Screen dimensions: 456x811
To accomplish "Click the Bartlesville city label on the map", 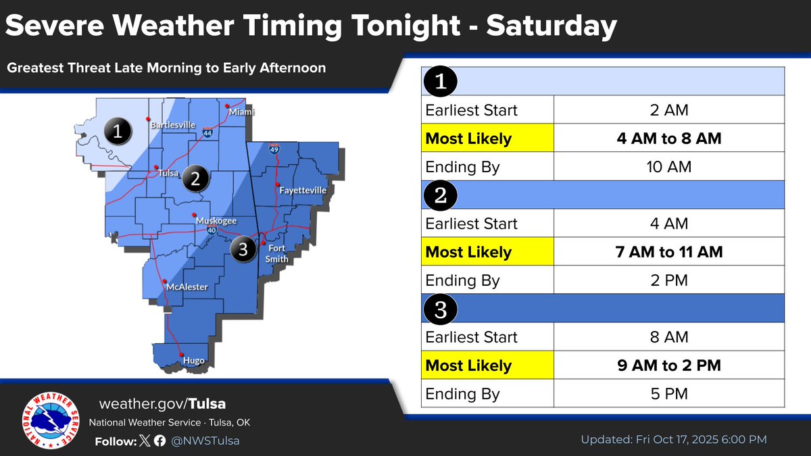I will coord(172,125).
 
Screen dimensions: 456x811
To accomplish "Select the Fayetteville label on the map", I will coord(303,191).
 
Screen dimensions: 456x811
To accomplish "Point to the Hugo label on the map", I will coord(193,361).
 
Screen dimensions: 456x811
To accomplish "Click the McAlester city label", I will coord(187,287).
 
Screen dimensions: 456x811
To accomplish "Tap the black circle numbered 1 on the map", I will coord(118,131).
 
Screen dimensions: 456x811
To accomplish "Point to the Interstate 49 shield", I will coord(274,149).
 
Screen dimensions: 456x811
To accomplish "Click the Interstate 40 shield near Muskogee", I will coord(212,231).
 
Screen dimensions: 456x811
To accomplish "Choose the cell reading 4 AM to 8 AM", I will coord(668,138).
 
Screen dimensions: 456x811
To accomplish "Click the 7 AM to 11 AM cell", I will coord(668,252).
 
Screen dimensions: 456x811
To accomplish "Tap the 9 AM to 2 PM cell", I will coord(668,365).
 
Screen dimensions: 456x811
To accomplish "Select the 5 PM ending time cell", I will coord(668,394).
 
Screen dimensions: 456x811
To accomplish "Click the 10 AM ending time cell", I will coord(668,167).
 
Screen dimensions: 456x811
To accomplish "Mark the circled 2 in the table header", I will coord(441,195).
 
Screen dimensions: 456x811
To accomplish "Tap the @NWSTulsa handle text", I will coord(205,440).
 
